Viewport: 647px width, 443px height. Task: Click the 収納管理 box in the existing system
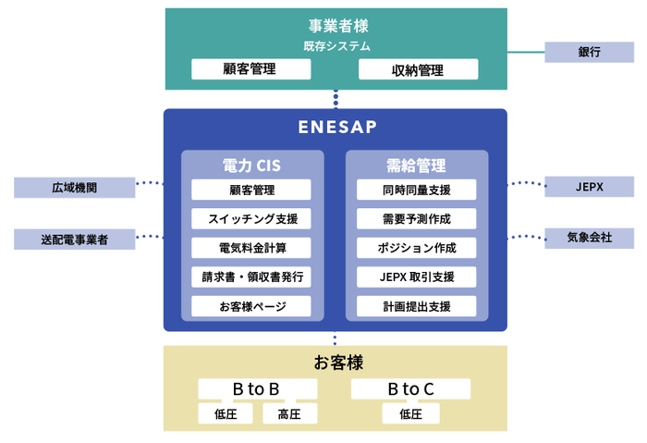click(x=418, y=69)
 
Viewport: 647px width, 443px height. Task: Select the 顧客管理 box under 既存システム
click(x=250, y=69)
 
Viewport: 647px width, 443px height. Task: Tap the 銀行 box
click(x=589, y=52)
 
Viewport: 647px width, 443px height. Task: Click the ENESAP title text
click(x=336, y=127)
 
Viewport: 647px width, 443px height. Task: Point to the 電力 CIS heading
click(x=251, y=166)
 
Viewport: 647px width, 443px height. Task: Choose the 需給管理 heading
click(x=416, y=166)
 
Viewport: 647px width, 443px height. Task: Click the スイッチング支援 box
click(x=251, y=219)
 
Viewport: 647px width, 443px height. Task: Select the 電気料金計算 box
click(x=251, y=248)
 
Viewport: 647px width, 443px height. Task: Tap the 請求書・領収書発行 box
click(x=251, y=277)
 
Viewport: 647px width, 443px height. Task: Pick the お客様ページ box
click(x=251, y=306)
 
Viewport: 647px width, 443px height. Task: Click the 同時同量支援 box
click(x=416, y=190)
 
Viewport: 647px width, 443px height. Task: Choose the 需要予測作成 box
click(x=416, y=219)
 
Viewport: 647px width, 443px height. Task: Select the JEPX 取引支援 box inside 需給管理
click(x=416, y=277)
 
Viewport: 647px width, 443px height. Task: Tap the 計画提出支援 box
click(x=416, y=306)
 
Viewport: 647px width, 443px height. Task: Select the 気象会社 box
click(x=589, y=238)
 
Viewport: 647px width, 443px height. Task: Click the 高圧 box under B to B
click(x=289, y=413)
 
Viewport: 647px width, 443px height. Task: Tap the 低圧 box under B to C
click(x=410, y=413)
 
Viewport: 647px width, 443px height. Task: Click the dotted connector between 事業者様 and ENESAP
click(x=336, y=99)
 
